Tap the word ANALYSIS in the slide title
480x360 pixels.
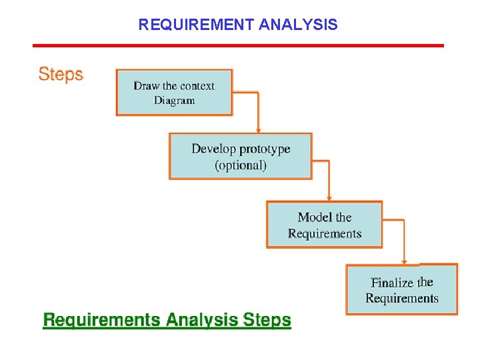297,25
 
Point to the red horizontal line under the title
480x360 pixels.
238,45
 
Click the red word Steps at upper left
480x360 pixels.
61,74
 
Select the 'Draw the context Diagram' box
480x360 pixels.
174,92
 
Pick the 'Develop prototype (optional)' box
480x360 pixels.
240,156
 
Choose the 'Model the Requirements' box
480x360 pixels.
324,225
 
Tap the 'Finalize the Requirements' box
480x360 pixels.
401,289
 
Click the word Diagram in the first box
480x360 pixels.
174,101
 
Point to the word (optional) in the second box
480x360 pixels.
241,165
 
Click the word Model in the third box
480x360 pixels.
315,217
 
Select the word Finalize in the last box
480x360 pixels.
392,282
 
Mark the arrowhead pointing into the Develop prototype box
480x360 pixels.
258,130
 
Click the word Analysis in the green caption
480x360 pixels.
202,320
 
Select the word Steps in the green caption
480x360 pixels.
267,320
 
